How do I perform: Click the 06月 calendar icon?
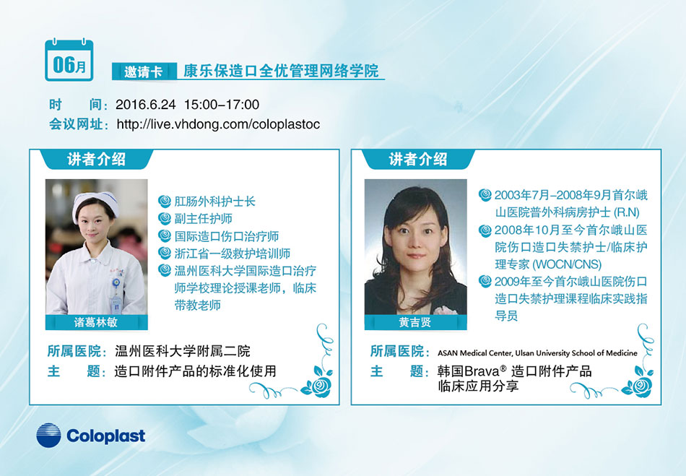coord(69,60)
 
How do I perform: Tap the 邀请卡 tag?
coord(144,72)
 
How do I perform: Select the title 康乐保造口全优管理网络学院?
coord(280,71)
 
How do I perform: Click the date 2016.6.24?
coord(146,105)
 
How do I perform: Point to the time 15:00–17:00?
coord(222,105)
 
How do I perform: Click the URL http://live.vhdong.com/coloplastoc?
coord(218,124)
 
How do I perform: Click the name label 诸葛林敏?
coord(96,322)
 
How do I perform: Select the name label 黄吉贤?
coord(414,322)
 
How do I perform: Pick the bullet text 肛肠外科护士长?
coord(214,202)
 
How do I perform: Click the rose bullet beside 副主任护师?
coord(165,218)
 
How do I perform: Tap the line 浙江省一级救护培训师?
coord(233,254)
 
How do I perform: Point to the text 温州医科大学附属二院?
coord(183,351)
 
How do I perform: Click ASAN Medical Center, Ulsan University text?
coord(537,353)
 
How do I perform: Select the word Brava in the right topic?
coord(481,371)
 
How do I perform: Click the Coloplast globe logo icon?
coord(48,436)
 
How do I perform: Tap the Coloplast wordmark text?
coord(106,436)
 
